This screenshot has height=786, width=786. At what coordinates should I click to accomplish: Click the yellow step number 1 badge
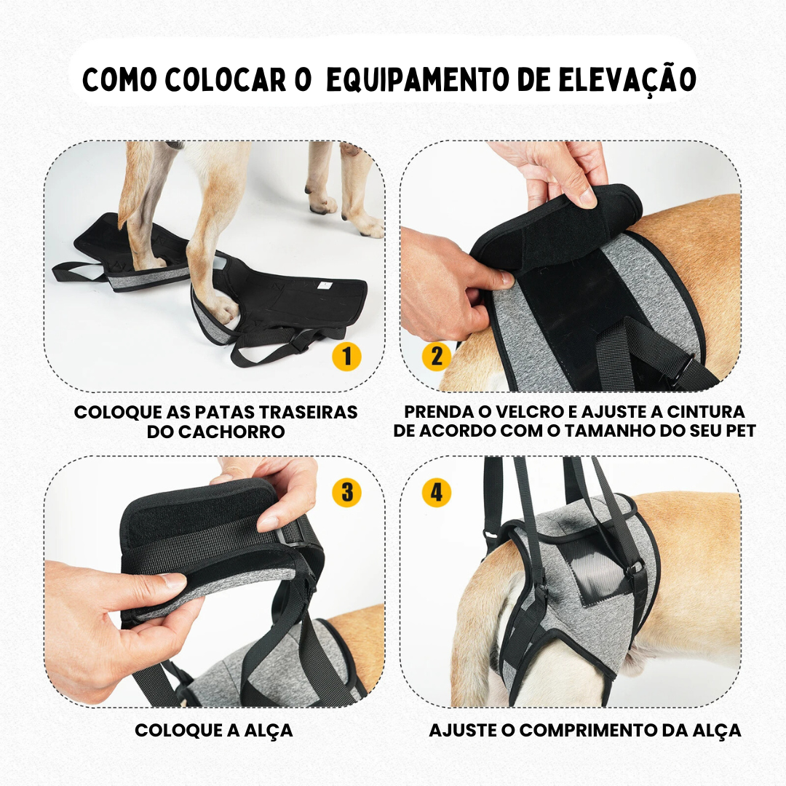[x=346, y=357]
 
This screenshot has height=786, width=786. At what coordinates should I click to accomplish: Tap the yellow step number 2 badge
[x=437, y=357]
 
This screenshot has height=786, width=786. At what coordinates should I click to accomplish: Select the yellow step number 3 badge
[x=346, y=493]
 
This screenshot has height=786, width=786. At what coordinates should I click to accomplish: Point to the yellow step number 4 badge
[x=437, y=493]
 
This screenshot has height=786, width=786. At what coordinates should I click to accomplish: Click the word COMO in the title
[x=119, y=80]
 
